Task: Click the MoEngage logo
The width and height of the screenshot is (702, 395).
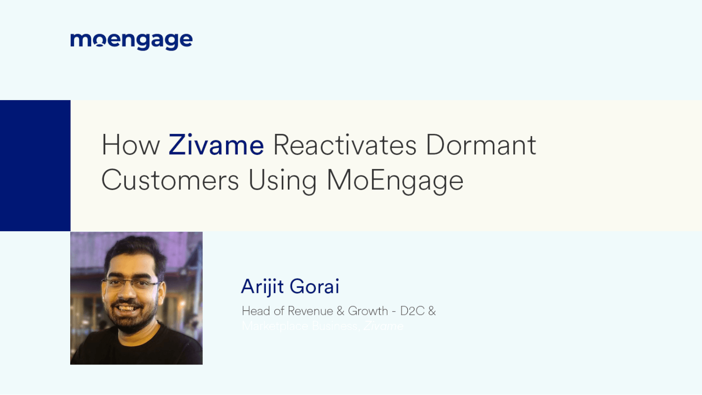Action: pyautogui.click(x=131, y=41)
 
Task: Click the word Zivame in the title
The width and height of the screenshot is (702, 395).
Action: pyautogui.click(x=216, y=145)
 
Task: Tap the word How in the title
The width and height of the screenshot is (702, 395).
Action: pyautogui.click(x=131, y=145)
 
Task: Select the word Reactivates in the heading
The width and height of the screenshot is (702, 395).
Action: pyautogui.click(x=344, y=145)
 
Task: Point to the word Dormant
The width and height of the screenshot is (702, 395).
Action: pyautogui.click(x=481, y=145)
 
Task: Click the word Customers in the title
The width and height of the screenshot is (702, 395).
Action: pyautogui.click(x=170, y=180)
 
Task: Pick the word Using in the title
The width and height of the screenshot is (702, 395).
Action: pyautogui.click(x=283, y=181)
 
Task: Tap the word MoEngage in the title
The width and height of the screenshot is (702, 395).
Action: pyautogui.click(x=395, y=181)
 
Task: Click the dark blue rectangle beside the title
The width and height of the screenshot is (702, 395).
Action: pyautogui.click(x=35, y=165)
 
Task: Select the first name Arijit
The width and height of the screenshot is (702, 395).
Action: pyautogui.click(x=262, y=286)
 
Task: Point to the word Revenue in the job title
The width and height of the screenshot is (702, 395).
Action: pyautogui.click(x=310, y=311)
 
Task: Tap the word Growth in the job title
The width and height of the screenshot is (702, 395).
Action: pyautogui.click(x=368, y=311)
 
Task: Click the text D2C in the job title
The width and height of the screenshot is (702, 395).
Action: pyautogui.click(x=412, y=311)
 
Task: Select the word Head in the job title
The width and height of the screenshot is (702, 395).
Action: pyautogui.click(x=256, y=311)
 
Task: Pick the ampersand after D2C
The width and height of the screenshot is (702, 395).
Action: pyautogui.click(x=432, y=311)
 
